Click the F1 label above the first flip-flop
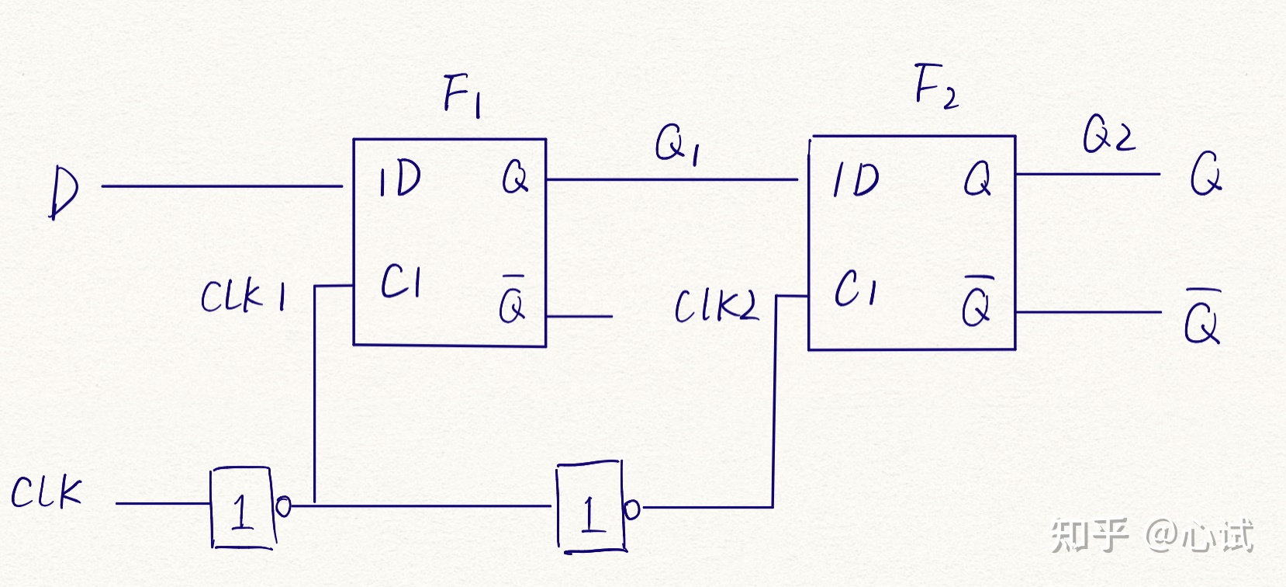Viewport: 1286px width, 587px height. tap(462, 96)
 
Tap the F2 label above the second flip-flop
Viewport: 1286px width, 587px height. tap(935, 87)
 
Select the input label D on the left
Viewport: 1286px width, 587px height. tap(64, 192)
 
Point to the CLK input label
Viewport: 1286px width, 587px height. tap(47, 492)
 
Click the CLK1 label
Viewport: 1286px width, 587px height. tap(243, 296)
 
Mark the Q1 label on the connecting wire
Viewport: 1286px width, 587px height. tap(676, 144)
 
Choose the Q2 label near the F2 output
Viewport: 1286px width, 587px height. tap(1108, 134)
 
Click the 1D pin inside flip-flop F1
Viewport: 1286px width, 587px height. tap(399, 179)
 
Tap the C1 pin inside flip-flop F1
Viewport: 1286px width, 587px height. tap(401, 281)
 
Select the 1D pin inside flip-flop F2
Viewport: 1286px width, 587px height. tap(856, 180)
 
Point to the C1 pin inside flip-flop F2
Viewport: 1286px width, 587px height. tap(855, 288)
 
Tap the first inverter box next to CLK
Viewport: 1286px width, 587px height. tap(241, 508)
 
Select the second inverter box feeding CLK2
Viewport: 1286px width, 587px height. tap(589, 509)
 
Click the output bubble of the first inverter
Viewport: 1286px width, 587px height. tap(283, 507)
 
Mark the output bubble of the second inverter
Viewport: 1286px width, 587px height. tap(631, 509)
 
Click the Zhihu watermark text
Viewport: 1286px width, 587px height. tap(1152, 535)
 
